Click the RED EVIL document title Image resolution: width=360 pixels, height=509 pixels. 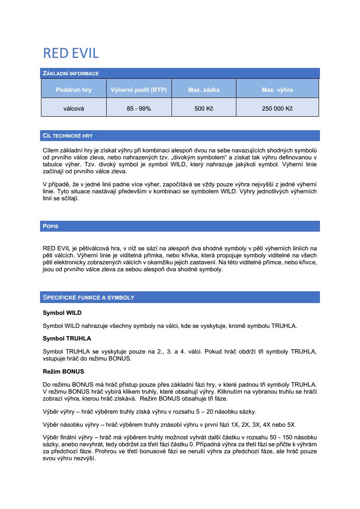(x=71, y=53)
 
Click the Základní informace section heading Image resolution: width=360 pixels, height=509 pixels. (x=71, y=74)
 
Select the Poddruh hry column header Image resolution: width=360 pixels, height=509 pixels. (x=74, y=90)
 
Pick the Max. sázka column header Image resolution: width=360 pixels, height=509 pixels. (x=204, y=90)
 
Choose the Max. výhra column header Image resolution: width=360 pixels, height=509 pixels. (x=277, y=90)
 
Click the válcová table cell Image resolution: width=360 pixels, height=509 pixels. (x=74, y=108)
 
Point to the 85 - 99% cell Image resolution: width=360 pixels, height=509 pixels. (x=139, y=108)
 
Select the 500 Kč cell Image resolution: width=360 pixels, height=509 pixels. (x=204, y=108)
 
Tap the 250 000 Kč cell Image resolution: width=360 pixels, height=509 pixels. (x=277, y=108)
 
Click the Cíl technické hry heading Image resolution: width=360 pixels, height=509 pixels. (x=67, y=136)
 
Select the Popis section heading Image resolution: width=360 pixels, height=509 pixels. (x=50, y=226)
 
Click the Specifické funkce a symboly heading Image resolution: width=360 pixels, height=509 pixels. (x=88, y=298)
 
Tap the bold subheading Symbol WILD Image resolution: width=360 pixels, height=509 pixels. (x=62, y=313)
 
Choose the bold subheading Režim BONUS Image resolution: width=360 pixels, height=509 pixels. (x=63, y=371)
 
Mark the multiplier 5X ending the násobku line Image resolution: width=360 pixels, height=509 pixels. (x=291, y=425)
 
